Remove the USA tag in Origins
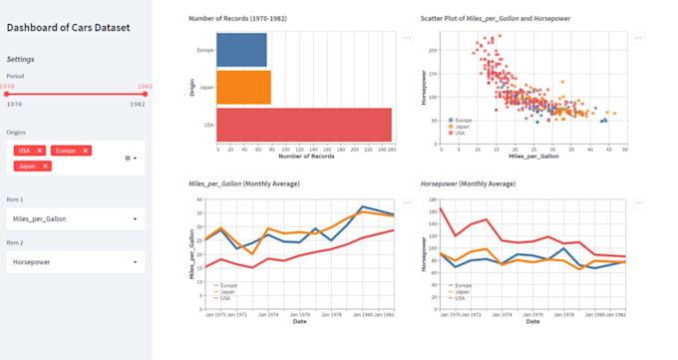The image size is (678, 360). pos(40,150)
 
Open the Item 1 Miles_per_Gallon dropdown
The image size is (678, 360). pos(75,217)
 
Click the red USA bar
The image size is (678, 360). pos(304,124)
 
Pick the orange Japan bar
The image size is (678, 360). pos(243,87)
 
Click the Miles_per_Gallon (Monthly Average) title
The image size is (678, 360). pos(244,184)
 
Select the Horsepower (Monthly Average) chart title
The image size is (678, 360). pos(468,184)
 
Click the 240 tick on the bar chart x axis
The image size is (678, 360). pos(380,150)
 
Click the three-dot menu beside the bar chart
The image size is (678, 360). pos(406,37)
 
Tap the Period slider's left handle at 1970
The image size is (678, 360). pos(8,94)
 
